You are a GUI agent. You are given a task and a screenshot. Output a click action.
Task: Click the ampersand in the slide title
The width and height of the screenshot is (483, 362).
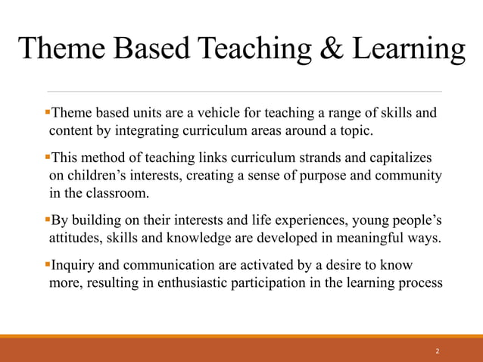click(330, 49)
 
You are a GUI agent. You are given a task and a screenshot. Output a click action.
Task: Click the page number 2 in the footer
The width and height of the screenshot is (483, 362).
click(438, 351)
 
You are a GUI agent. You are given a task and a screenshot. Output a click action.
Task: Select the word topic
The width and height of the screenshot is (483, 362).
click(354, 131)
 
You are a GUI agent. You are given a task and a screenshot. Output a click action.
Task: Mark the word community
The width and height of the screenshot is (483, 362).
click(409, 175)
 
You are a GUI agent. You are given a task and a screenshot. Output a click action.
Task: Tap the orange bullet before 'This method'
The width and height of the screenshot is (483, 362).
click(46, 158)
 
